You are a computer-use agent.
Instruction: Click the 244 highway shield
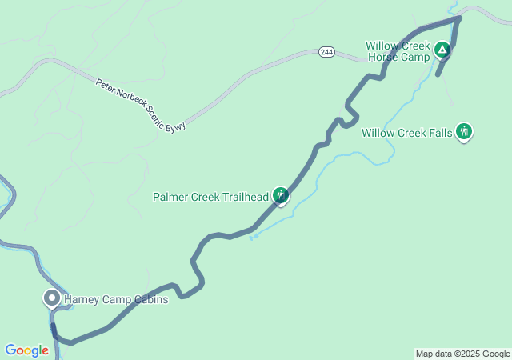pos(326,52)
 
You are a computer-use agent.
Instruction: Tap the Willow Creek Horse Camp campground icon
pos(442,52)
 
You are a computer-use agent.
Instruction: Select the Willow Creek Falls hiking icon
pos(464,132)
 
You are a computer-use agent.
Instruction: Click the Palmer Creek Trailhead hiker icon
pos(280,195)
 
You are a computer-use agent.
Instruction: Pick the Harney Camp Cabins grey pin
pos(52,298)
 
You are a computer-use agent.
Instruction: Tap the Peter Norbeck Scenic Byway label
pos(141,105)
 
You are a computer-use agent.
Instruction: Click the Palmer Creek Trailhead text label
pos(210,197)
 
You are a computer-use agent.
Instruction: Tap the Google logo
pos(26,350)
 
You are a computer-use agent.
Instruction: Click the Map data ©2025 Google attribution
pos(462,354)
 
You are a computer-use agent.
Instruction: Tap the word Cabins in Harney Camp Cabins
pos(150,300)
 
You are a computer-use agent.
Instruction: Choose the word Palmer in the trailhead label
pos(170,197)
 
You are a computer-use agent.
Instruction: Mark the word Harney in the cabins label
pos(82,300)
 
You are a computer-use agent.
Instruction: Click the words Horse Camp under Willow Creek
pos(398,58)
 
